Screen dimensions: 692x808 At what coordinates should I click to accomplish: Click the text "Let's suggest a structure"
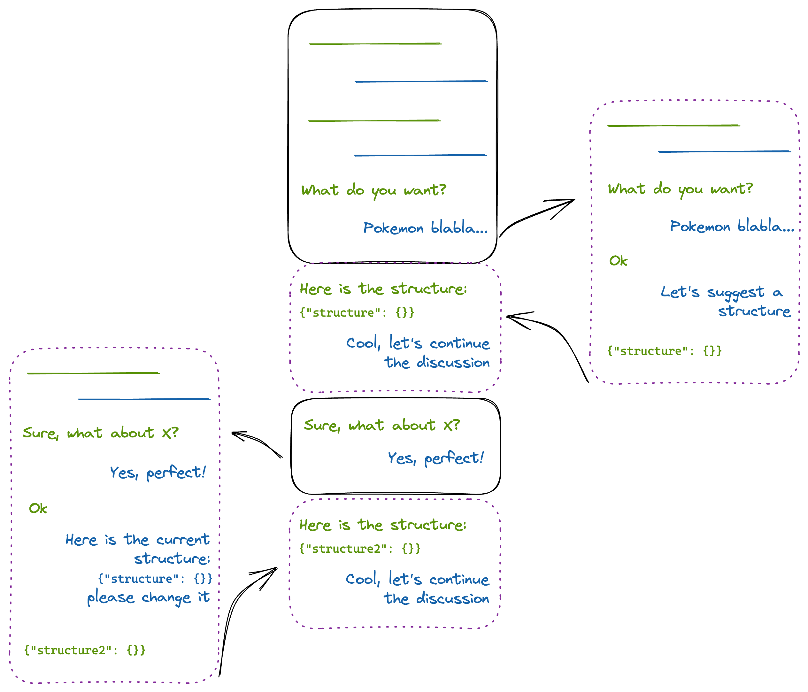pos(725,301)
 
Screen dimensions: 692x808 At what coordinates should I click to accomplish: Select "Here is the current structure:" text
pos(137,549)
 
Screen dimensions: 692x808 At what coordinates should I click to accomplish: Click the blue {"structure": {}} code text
pos(155,579)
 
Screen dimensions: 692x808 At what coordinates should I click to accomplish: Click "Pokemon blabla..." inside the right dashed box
pos(732,227)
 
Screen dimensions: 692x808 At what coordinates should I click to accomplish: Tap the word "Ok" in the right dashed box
pos(618,261)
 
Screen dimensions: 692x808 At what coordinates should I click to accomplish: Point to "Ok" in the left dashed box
pos(38,508)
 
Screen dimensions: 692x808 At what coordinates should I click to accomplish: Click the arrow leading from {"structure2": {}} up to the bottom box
pos(238,608)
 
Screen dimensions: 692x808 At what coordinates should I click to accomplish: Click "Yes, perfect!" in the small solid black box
pos(435,458)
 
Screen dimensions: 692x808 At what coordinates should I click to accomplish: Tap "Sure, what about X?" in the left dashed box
pos(100,433)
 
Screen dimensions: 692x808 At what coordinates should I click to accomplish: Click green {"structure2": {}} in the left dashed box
pos(85,650)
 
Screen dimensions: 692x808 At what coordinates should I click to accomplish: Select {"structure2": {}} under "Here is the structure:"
pos(359,549)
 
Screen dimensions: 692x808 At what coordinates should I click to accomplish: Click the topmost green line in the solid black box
pos(375,44)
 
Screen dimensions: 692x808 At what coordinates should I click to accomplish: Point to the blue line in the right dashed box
pos(724,151)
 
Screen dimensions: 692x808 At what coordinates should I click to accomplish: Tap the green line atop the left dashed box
pos(93,373)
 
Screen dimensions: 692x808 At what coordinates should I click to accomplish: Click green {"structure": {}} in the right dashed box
pos(664,351)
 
